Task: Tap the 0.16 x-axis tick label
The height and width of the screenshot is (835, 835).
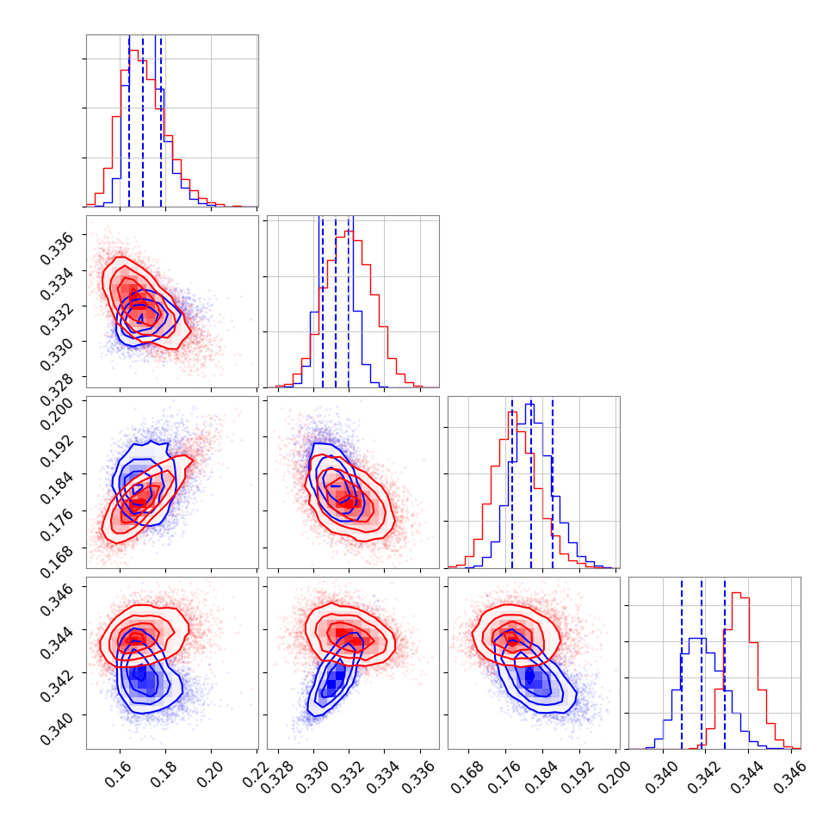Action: (x=108, y=772)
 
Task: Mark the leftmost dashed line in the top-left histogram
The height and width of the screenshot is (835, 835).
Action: (x=129, y=121)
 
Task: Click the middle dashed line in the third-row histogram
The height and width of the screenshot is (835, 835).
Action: (x=531, y=482)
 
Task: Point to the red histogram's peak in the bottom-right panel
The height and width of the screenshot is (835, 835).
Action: (x=737, y=592)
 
